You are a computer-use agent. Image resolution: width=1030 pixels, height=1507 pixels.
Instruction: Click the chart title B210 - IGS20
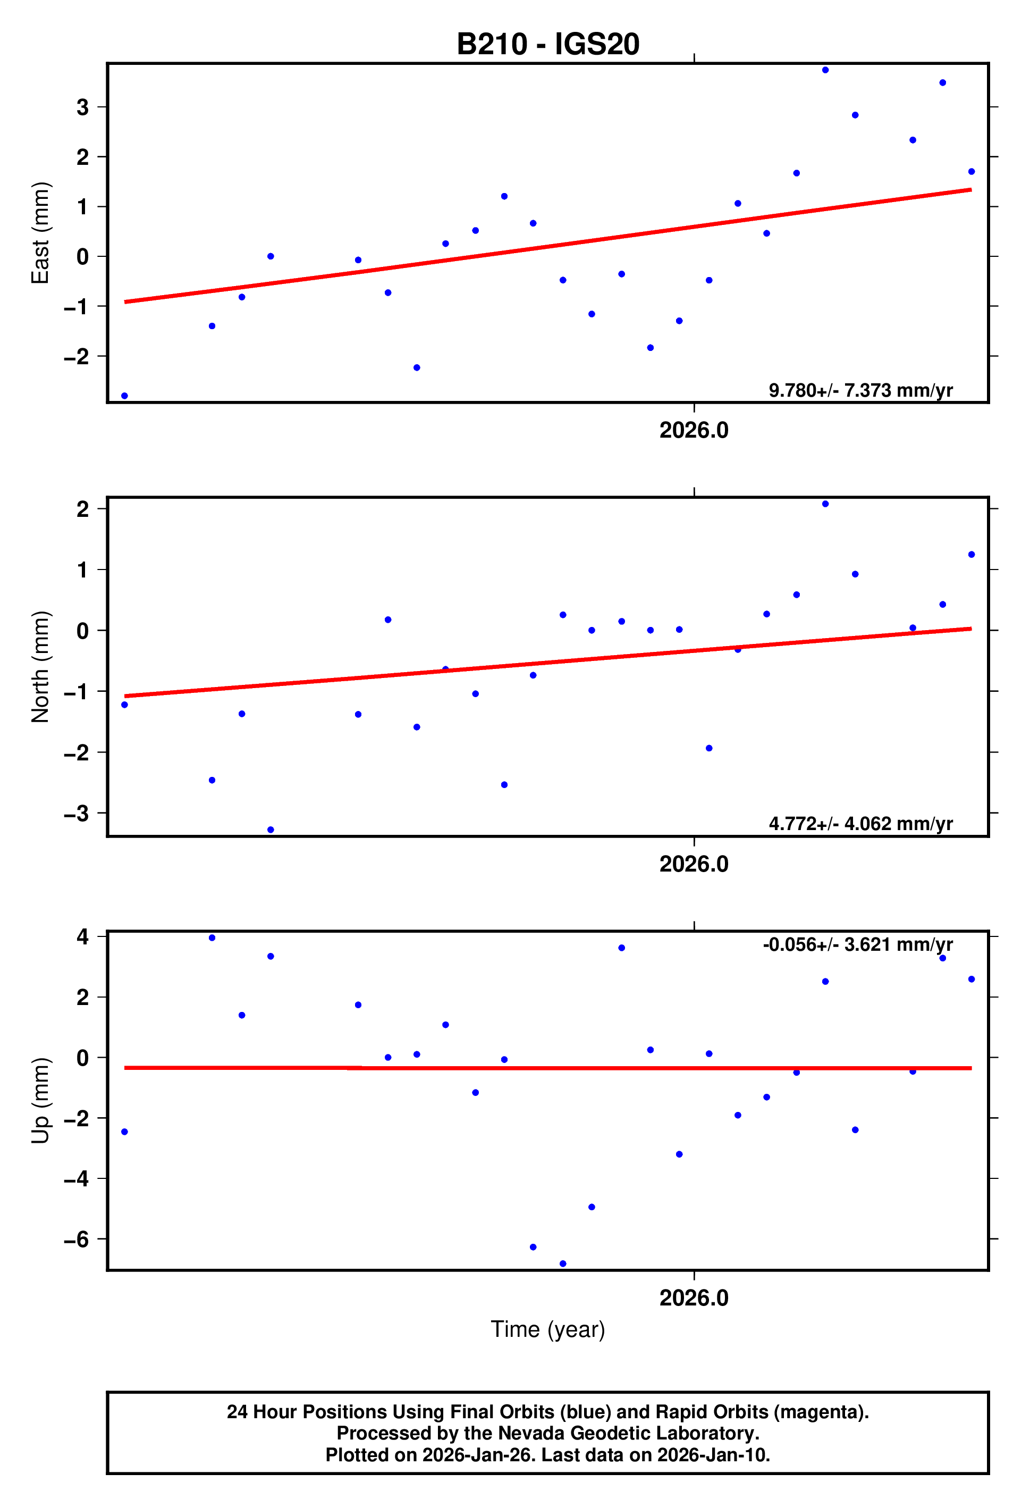[548, 44]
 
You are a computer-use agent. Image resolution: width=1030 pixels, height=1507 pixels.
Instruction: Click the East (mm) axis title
[40, 233]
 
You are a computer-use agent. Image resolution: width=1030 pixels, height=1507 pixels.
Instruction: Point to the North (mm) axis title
[40, 667]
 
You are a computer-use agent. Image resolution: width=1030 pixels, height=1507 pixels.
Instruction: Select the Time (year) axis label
[548, 1329]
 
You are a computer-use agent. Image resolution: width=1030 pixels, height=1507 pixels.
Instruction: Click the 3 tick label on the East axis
[82, 107]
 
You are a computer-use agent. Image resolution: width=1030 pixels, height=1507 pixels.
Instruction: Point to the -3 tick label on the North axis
[77, 813]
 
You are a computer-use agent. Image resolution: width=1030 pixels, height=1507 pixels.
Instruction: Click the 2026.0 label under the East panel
[694, 431]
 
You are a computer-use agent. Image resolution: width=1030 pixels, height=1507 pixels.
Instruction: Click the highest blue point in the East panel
[825, 70]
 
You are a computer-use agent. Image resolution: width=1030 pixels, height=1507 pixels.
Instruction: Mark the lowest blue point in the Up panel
[563, 1264]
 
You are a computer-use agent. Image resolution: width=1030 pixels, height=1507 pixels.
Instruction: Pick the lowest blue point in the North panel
[271, 830]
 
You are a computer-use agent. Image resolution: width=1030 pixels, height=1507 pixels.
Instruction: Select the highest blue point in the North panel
[825, 504]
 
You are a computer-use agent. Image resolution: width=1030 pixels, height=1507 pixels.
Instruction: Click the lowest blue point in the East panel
[124, 396]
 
